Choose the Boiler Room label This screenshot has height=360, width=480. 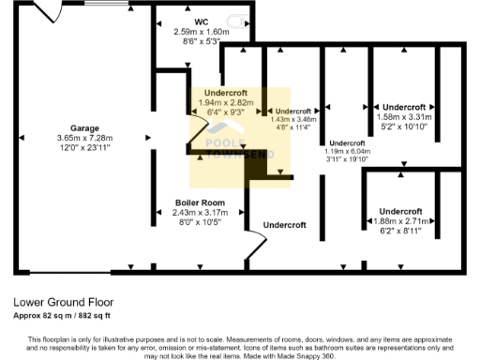(199, 202)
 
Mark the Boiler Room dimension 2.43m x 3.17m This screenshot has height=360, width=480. (199, 213)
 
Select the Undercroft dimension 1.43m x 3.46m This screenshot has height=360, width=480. (293, 120)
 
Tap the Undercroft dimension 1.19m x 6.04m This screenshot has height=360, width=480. (347, 151)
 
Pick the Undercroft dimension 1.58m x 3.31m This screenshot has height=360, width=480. (403, 116)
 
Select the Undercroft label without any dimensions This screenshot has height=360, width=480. (285, 225)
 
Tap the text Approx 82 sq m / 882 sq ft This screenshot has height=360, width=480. (67, 315)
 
